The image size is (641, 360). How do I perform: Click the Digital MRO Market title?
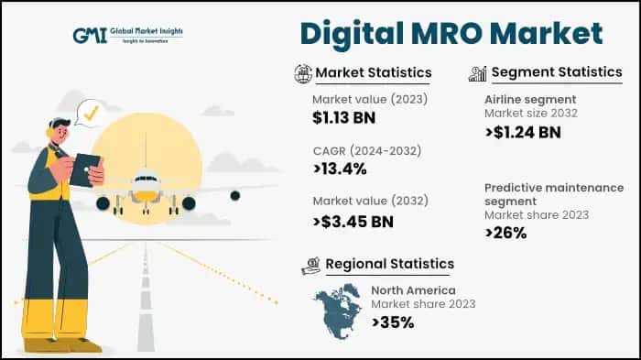click(x=451, y=33)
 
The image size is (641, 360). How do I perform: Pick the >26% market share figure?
click(x=505, y=233)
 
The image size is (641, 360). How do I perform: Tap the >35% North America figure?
click(x=393, y=322)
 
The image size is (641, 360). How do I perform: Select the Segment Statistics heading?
click(x=557, y=72)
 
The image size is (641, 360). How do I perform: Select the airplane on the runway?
click(x=147, y=189)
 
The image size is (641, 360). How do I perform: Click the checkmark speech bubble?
click(x=90, y=114)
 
